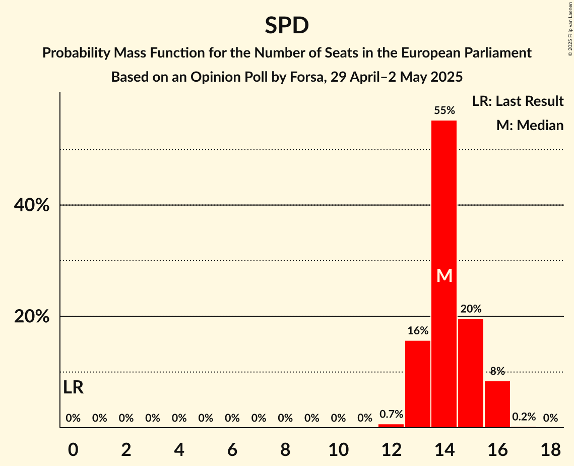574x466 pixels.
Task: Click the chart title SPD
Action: click(287, 26)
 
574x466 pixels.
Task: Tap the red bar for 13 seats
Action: click(418, 384)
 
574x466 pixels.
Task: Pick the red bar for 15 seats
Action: click(471, 373)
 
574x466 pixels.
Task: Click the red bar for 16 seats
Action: click(497, 404)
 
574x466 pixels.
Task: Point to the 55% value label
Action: click(444, 110)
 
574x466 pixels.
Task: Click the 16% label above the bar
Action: click(418, 331)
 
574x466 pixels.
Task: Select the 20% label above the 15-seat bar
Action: click(471, 309)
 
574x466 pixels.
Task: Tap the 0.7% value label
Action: click(391, 415)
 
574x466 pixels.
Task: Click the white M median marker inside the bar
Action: click(444, 275)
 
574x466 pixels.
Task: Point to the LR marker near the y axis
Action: click(74, 387)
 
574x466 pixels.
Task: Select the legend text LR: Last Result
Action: click(518, 101)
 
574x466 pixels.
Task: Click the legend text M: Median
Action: click(530, 125)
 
